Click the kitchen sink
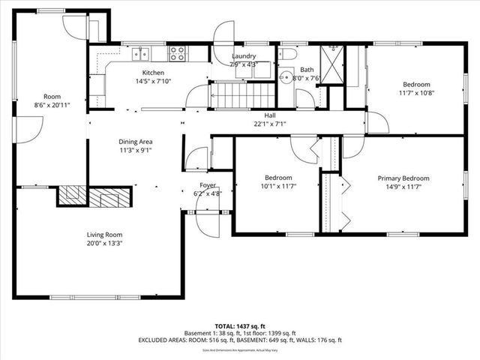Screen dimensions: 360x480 coord(141,53)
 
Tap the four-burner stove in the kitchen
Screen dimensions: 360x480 coord(178,53)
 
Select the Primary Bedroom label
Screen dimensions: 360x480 coord(403,178)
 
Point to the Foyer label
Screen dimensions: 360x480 coord(208,184)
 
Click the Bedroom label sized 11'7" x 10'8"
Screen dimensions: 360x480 coord(416,84)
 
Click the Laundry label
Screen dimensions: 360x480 coord(243,56)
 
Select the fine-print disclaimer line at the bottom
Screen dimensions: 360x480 coord(240,349)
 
